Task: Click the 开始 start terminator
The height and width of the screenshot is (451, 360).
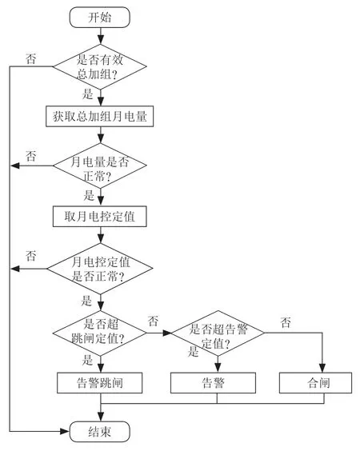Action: pos(100,18)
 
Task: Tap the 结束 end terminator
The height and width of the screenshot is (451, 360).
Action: pos(100,432)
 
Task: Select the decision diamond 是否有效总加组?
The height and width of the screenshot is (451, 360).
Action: pos(100,66)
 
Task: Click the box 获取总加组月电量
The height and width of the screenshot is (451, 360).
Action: pos(99,117)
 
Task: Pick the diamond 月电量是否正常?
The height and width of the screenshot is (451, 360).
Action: pos(100,166)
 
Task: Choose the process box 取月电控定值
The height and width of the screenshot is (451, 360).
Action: pos(99,216)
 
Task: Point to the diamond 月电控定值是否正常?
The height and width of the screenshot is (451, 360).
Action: pos(100,269)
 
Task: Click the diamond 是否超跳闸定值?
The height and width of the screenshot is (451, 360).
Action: pos(100,333)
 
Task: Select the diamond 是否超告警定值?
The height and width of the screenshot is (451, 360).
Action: pos(218,333)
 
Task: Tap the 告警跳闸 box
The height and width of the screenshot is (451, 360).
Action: pos(99,383)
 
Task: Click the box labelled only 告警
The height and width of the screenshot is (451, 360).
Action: pos(214,383)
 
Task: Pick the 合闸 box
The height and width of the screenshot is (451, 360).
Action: pos(316,383)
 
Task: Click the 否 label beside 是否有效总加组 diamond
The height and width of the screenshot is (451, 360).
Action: pos(31,58)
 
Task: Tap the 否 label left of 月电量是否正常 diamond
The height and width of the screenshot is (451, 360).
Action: pos(31,156)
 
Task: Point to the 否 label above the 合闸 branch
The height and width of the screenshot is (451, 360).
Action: pos(286,322)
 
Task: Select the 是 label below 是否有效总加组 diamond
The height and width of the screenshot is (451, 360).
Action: pos(88,94)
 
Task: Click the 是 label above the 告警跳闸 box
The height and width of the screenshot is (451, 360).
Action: pos(87,360)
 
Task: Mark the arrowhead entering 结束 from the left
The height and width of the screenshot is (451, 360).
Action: pos(66,432)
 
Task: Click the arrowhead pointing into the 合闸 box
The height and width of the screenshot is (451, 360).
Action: pos(322,368)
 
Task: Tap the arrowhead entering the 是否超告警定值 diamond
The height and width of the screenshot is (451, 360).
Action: pos(167,333)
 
